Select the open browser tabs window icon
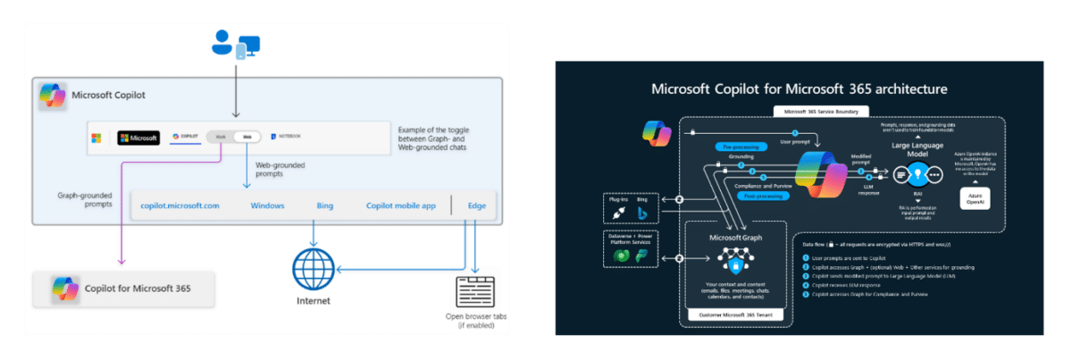(x=473, y=291)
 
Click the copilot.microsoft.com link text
(x=180, y=205)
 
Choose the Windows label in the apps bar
(x=267, y=205)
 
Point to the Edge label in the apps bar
(x=477, y=205)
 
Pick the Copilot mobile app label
(x=401, y=205)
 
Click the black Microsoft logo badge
(x=138, y=138)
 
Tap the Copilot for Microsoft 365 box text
(x=138, y=289)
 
